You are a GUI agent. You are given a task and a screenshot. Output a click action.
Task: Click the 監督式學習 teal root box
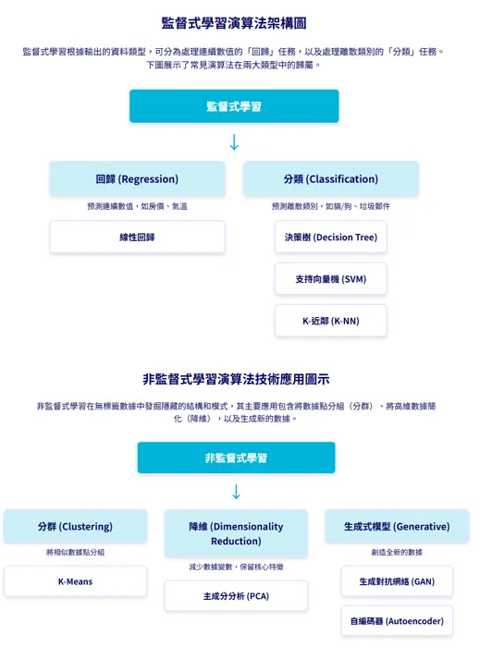[234, 106]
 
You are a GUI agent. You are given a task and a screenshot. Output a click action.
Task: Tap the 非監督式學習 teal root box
[236, 458]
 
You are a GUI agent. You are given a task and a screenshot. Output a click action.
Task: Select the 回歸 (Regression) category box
[137, 178]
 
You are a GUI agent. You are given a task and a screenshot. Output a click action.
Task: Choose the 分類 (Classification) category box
[330, 178]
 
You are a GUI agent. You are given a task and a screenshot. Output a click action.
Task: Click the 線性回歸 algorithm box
[137, 237]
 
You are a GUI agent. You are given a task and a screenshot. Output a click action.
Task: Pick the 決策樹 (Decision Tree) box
[330, 237]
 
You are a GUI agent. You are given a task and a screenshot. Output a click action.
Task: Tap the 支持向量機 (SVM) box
[330, 278]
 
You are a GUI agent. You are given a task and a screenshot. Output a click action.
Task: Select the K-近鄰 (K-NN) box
[330, 321]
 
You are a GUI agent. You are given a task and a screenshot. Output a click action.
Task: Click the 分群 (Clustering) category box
[75, 526]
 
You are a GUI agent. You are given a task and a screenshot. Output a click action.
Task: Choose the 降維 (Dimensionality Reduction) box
[236, 533]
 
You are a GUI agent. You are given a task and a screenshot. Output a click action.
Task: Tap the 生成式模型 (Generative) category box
[397, 526]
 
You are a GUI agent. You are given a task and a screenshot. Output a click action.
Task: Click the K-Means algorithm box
[75, 581]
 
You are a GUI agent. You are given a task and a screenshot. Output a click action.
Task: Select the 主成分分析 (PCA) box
[236, 596]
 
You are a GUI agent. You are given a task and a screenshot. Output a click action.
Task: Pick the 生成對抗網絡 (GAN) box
[397, 581]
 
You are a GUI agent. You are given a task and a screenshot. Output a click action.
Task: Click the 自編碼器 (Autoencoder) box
[397, 621]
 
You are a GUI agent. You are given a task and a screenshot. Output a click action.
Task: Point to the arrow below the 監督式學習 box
[234, 142]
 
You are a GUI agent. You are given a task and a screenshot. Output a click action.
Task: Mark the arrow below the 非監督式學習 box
[236, 492]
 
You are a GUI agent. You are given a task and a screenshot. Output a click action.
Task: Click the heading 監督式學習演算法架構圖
[234, 23]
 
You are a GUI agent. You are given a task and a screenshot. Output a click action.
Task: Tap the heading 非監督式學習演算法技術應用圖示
[236, 379]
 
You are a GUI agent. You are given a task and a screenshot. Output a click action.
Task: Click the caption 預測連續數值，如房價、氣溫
[137, 206]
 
